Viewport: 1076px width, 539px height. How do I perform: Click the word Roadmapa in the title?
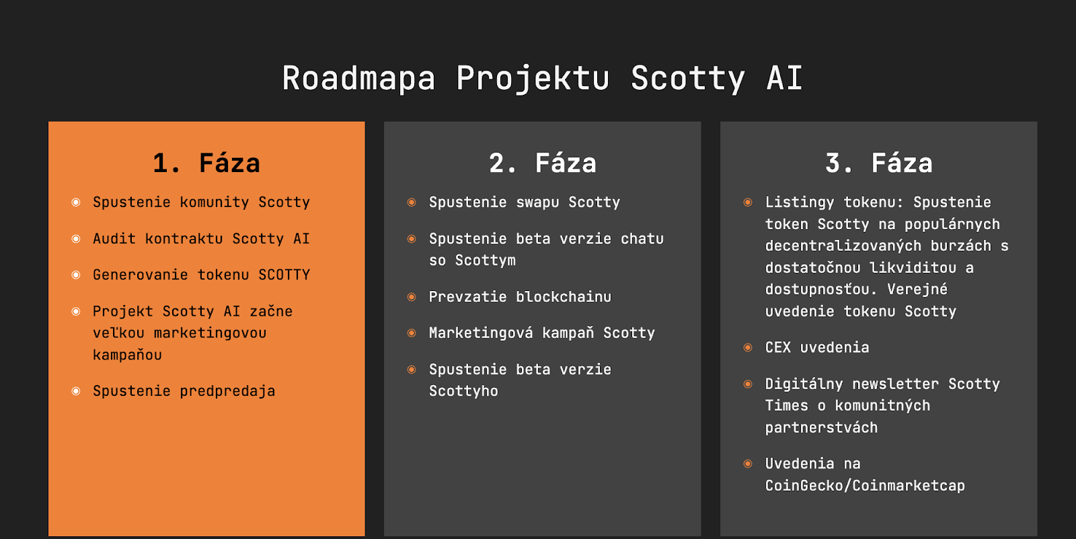(358, 78)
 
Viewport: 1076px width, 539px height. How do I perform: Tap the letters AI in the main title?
(784, 78)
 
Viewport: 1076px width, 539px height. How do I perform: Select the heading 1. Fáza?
(206, 163)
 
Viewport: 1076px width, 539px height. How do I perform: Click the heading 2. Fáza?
(543, 163)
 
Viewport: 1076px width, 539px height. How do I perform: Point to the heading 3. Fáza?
(879, 163)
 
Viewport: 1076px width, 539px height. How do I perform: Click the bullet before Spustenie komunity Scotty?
(76, 202)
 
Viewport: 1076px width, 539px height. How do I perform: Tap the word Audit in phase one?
(114, 239)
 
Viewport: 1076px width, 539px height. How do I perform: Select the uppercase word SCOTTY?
(284, 274)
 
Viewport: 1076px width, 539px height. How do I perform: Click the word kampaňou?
(127, 355)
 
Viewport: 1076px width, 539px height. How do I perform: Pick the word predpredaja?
(228, 391)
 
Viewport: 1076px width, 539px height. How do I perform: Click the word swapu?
(537, 202)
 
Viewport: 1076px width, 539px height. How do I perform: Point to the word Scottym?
(485, 261)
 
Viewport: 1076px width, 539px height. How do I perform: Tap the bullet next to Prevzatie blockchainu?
(412, 296)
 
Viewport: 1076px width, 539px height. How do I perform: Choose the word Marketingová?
(481, 333)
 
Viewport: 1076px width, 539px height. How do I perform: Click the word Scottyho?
(463, 391)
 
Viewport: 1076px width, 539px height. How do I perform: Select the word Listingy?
(800, 202)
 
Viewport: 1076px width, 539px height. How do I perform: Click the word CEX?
(778, 347)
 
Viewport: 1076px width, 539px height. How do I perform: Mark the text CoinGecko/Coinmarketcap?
(865, 486)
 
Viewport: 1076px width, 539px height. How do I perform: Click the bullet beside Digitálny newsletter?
(748, 384)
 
